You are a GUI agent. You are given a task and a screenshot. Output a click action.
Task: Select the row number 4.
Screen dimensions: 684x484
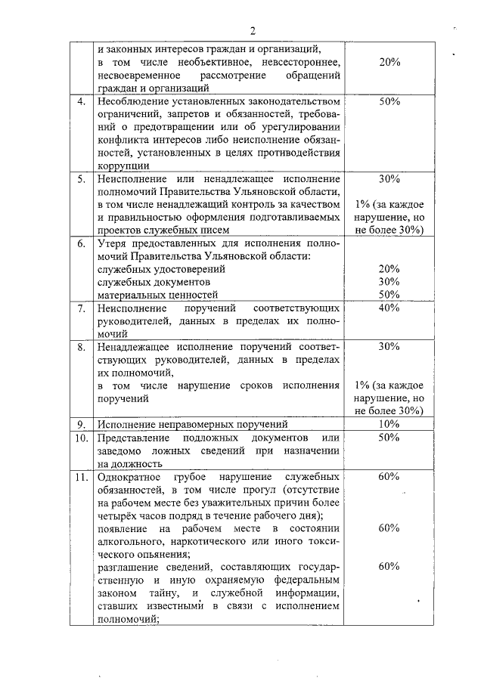[x=81, y=101]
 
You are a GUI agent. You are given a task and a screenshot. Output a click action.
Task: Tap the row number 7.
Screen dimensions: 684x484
[x=81, y=308]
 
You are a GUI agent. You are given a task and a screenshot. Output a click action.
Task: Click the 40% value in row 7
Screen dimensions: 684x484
[x=389, y=308]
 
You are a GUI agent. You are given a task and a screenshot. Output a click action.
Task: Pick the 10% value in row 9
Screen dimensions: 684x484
[x=389, y=424]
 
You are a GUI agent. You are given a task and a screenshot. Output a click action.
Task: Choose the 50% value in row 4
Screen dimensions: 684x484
[x=389, y=101]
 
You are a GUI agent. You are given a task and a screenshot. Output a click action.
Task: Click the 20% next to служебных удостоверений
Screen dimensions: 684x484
[x=389, y=269]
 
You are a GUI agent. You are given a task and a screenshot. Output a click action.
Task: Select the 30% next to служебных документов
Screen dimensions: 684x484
[x=389, y=282]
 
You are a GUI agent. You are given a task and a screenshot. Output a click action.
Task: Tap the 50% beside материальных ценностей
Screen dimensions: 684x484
[x=389, y=295]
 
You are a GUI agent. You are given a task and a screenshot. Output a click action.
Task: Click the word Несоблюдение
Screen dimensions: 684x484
[x=132, y=101]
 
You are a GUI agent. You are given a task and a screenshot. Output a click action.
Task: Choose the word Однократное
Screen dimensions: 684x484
[x=129, y=478]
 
